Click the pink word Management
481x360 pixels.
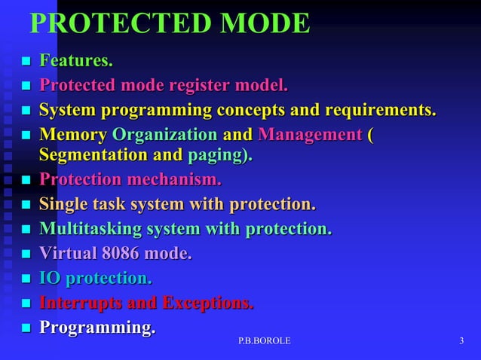pyautogui.click(x=310, y=135)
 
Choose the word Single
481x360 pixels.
pyautogui.click(x=63, y=204)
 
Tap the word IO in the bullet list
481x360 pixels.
pyautogui.click(x=50, y=279)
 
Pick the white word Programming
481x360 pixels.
pyautogui.click(x=97, y=328)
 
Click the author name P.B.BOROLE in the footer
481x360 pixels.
pyautogui.click(x=264, y=342)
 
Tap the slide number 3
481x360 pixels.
pyautogui.click(x=461, y=342)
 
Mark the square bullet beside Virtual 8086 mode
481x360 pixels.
pyautogui.click(x=25, y=255)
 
